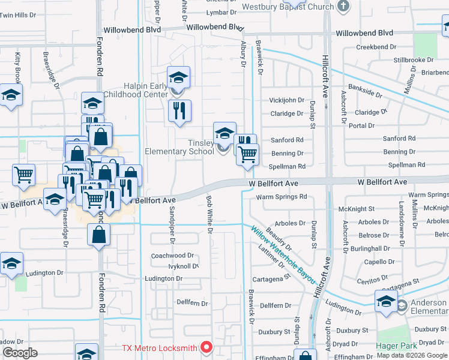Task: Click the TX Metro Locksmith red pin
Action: coord(206,347)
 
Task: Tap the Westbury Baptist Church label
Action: coord(288,7)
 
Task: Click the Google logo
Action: coord(20,353)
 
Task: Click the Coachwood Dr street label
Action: coord(172,256)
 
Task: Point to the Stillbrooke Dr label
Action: coord(414,60)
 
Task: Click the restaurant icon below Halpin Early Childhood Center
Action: coord(179,112)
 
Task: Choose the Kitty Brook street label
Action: coord(17,66)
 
